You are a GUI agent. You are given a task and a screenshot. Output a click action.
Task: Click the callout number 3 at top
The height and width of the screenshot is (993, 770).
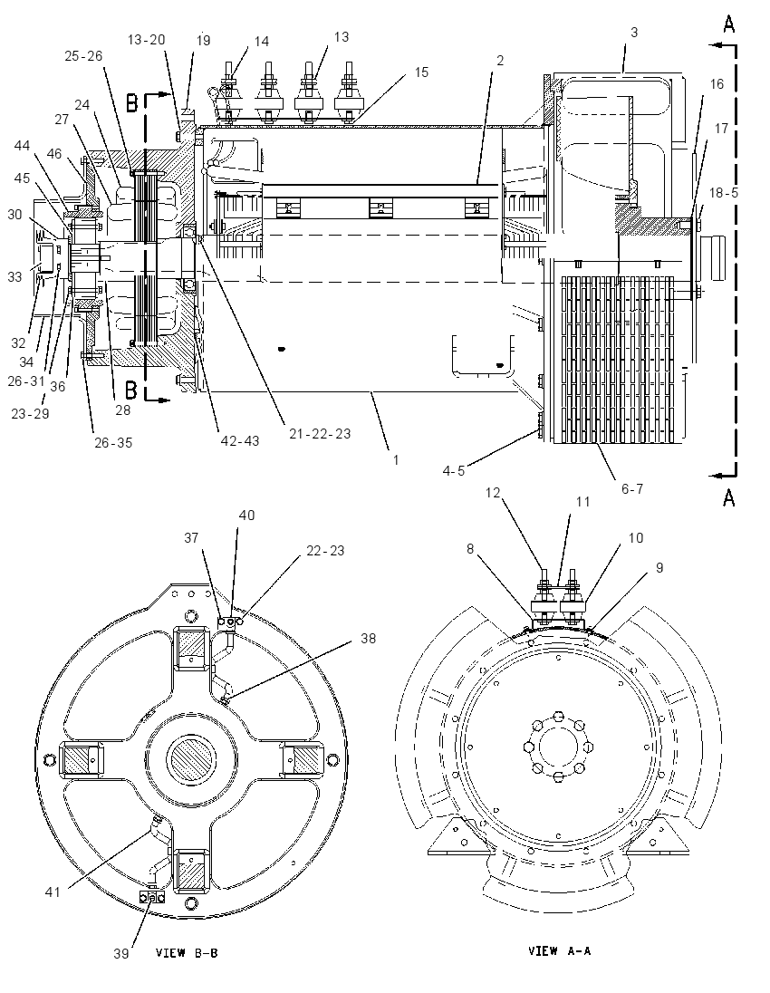[634, 33]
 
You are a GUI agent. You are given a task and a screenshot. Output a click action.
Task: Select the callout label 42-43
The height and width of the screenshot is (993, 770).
[239, 440]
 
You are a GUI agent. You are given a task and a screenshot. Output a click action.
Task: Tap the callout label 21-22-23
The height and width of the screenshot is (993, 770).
[320, 434]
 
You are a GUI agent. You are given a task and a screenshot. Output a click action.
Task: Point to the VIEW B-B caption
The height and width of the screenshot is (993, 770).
[187, 952]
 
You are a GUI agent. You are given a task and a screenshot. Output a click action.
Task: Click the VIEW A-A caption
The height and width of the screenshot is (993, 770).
[559, 950]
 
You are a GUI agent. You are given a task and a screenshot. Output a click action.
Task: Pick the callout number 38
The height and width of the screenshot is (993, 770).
[368, 639]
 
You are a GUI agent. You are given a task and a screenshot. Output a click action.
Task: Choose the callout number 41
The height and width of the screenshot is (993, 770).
[52, 892]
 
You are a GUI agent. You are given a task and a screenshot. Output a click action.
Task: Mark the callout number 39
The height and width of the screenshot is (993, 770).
[121, 953]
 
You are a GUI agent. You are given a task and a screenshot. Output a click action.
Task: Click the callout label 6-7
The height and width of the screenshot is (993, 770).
[632, 489]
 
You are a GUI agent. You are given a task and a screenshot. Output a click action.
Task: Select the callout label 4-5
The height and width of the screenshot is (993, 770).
[453, 470]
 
